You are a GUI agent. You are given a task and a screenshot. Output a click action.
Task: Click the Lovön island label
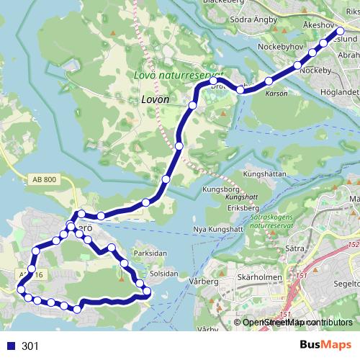(x=155, y=99)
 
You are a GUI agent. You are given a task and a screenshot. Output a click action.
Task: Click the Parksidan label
(x=150, y=253)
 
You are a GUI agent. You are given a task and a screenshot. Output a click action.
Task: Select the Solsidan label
(x=163, y=274)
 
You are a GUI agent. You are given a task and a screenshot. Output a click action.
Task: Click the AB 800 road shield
(x=44, y=180)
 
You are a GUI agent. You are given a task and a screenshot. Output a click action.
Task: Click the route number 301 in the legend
(x=30, y=346)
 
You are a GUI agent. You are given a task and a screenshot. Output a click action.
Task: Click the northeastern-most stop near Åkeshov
(x=339, y=32)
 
